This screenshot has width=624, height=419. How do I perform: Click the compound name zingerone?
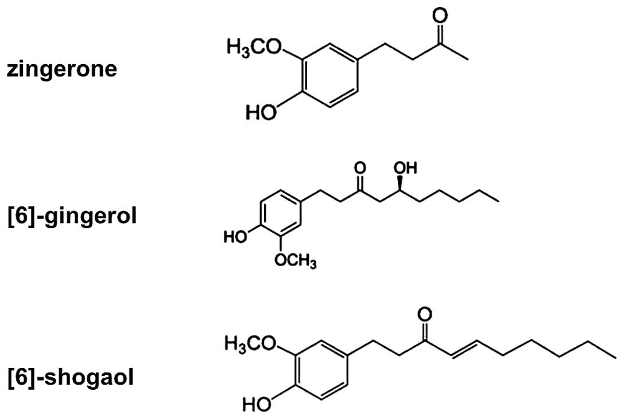(x=61, y=70)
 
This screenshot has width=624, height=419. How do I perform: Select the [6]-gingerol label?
(x=72, y=218)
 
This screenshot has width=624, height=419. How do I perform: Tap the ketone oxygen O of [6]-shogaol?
(x=425, y=315)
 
